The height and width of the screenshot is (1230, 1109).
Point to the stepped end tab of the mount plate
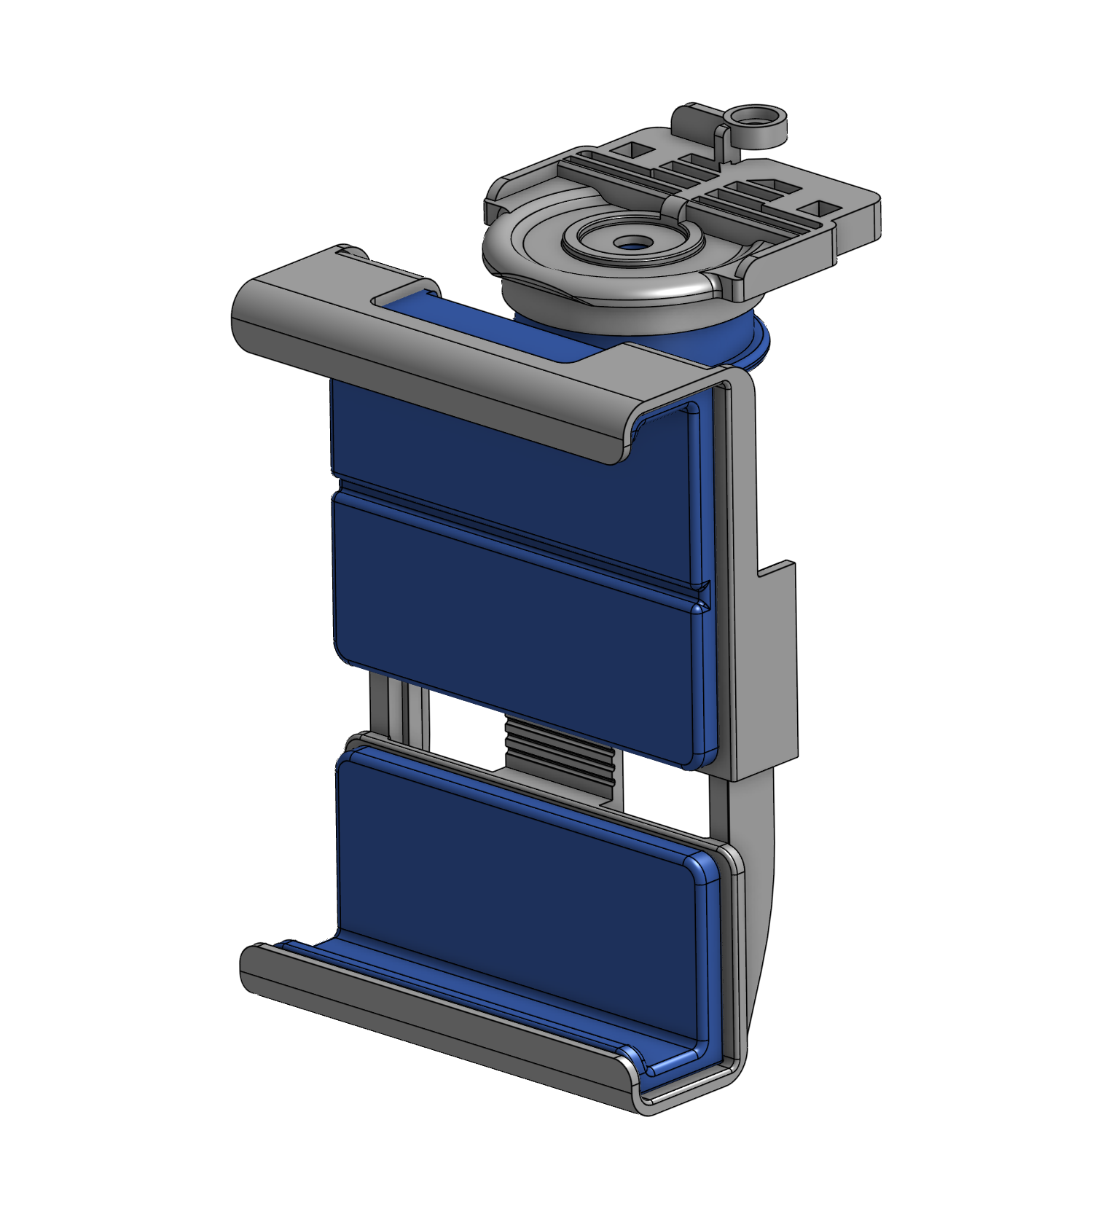[860, 219]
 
